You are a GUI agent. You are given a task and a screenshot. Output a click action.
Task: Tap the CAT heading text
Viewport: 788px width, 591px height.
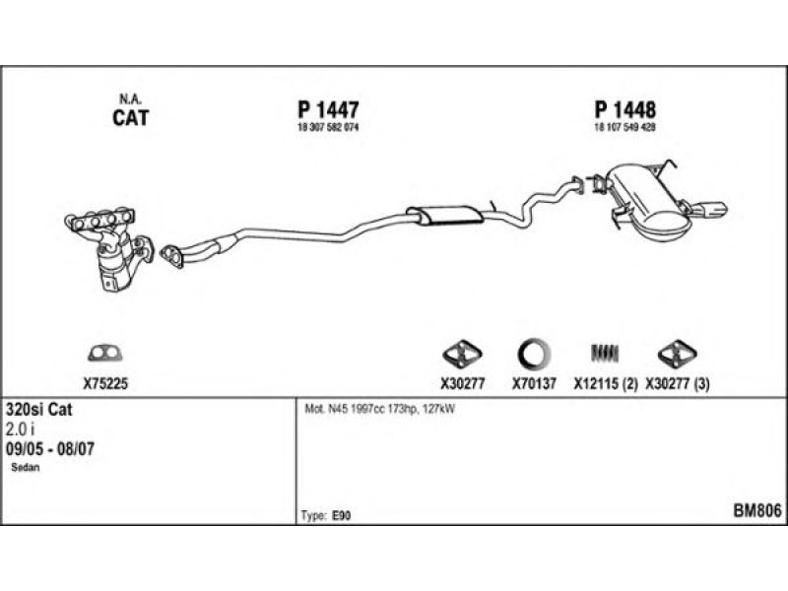coord(129,118)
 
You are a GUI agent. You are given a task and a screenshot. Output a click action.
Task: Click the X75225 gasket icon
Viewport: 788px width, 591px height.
coord(103,353)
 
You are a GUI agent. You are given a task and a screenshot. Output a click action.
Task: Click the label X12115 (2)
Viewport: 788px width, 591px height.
coord(605,385)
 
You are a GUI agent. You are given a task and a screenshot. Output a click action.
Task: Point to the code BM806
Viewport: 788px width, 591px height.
coord(756,510)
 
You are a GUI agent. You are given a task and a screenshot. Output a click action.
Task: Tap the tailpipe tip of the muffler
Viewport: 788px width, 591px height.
coord(714,209)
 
